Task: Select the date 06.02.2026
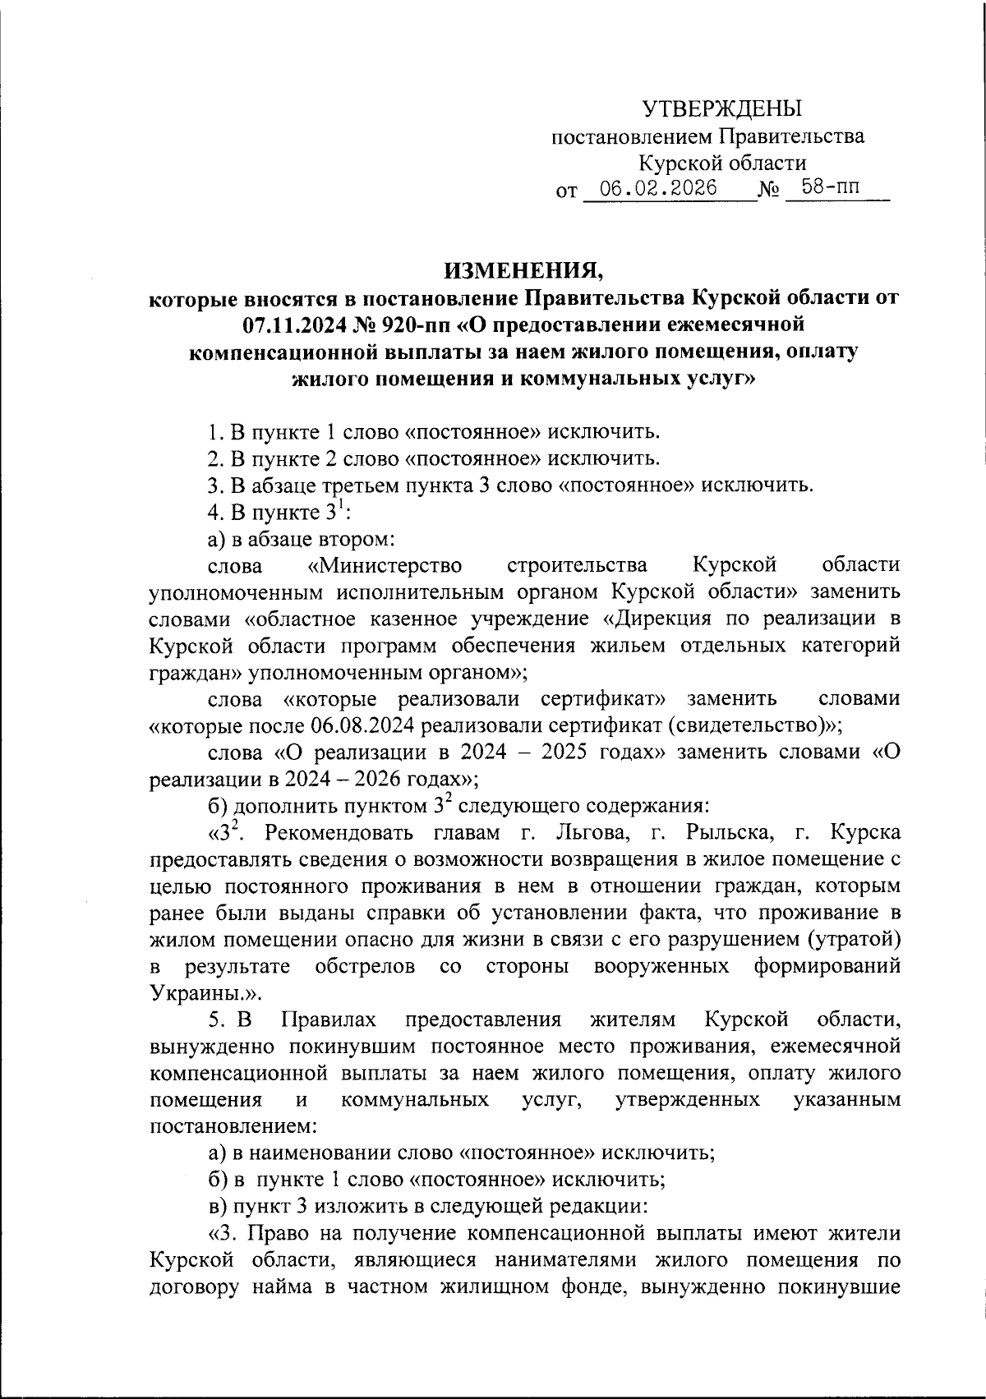tap(658, 188)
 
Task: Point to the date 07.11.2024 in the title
tap(302, 324)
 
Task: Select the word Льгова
tap(589, 833)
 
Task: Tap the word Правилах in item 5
tap(329, 1019)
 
